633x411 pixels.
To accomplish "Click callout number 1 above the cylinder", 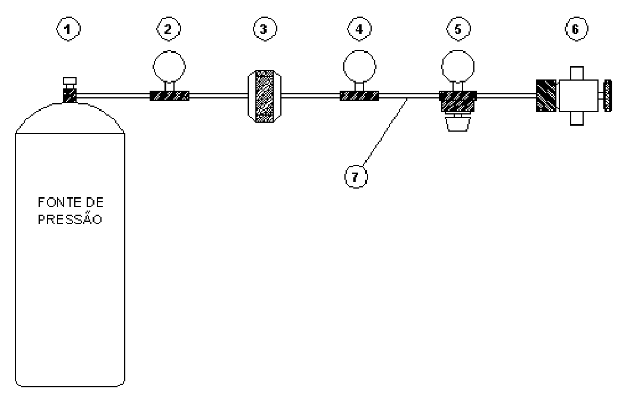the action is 68,29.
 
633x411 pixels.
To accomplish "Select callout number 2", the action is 169,29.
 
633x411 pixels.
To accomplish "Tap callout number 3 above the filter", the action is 265,29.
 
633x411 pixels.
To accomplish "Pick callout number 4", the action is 359,29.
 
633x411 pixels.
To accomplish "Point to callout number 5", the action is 458,29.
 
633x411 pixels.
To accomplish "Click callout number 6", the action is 576,29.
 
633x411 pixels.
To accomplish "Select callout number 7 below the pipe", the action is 356,177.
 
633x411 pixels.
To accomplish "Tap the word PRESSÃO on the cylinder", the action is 70,218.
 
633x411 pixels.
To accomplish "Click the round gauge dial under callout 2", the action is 169,66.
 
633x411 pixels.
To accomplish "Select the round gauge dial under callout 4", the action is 359,66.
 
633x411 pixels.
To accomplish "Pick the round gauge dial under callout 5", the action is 458,66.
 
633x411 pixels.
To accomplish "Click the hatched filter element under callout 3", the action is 265,97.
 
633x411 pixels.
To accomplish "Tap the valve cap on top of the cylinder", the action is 70,81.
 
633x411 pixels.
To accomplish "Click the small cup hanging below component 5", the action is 458,123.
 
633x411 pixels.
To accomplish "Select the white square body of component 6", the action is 578,95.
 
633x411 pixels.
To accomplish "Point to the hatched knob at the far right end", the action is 607,95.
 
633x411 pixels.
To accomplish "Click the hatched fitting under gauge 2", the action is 170,96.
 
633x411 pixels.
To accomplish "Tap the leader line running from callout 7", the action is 385,132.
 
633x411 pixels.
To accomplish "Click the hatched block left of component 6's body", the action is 546,95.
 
